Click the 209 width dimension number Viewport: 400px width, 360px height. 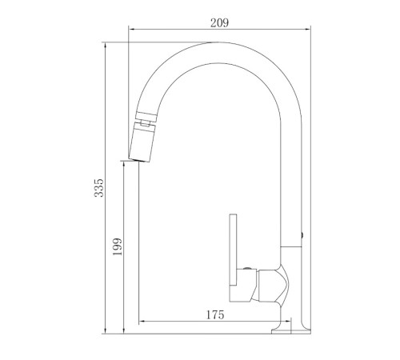(219, 22)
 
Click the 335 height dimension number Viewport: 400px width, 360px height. (98, 188)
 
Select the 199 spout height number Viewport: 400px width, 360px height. (117, 246)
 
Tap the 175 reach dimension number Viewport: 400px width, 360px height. (215, 315)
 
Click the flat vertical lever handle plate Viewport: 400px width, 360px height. (233, 250)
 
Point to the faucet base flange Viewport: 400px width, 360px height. (291, 331)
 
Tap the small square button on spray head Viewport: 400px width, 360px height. (145, 123)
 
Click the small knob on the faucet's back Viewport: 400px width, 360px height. (302, 235)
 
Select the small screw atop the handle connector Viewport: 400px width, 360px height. (247, 268)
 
